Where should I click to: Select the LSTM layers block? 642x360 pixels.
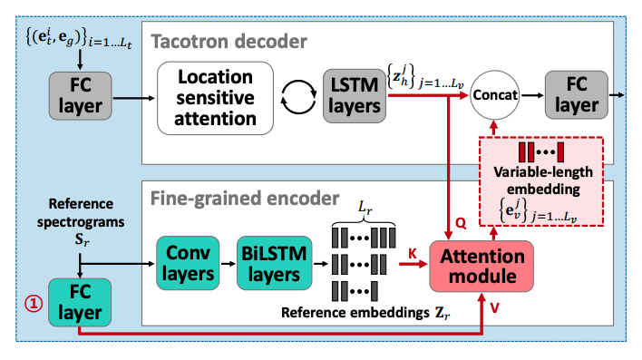(x=354, y=96)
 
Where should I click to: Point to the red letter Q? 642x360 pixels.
(x=461, y=221)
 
